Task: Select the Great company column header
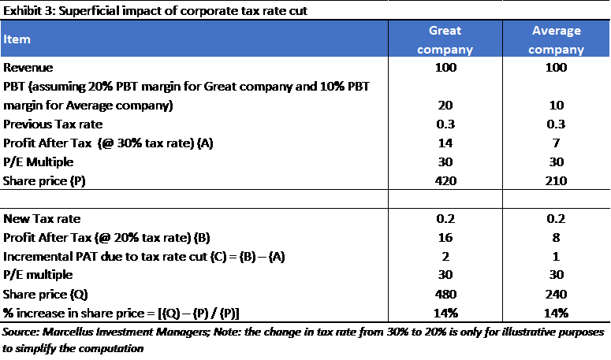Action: tap(445, 39)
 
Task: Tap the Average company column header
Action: tap(556, 39)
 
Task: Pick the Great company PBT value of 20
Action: tap(445, 105)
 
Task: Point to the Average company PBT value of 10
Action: tap(556, 105)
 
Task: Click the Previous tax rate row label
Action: tap(47, 124)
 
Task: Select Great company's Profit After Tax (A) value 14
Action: tap(445, 143)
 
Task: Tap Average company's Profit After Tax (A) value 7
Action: tap(556, 143)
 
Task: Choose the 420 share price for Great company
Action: tap(445, 180)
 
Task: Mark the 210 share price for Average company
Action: tap(556, 180)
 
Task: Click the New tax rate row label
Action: tap(39, 218)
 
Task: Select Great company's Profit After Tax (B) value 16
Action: tap(445, 237)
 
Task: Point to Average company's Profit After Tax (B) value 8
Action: tap(556, 237)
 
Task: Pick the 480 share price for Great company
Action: tap(445, 294)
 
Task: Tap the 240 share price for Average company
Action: tap(556, 294)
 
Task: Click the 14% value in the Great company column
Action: tap(445, 313)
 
